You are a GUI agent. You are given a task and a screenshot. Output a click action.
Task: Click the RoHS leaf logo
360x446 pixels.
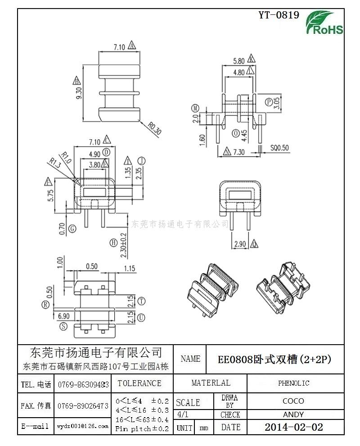[324, 23]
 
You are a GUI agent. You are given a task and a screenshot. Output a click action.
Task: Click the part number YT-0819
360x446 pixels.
[279, 15]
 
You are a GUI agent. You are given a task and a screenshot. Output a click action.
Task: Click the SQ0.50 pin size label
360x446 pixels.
[279, 148]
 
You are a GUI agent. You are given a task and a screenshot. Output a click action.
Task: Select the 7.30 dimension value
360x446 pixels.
[238, 152]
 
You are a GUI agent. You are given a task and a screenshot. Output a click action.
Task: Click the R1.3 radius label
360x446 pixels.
[55, 162]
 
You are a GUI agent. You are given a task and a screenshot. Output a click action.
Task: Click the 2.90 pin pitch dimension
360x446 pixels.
[240, 244]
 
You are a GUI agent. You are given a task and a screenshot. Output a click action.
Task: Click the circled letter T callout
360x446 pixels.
[141, 301]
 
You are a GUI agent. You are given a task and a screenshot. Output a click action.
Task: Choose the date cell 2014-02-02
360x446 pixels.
[293, 427]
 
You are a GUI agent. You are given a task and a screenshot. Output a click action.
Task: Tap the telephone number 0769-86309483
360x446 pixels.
[83, 384]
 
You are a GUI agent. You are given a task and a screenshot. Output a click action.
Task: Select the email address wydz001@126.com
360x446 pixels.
[83, 426]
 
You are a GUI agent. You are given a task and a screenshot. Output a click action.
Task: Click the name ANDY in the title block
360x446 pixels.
[293, 414]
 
